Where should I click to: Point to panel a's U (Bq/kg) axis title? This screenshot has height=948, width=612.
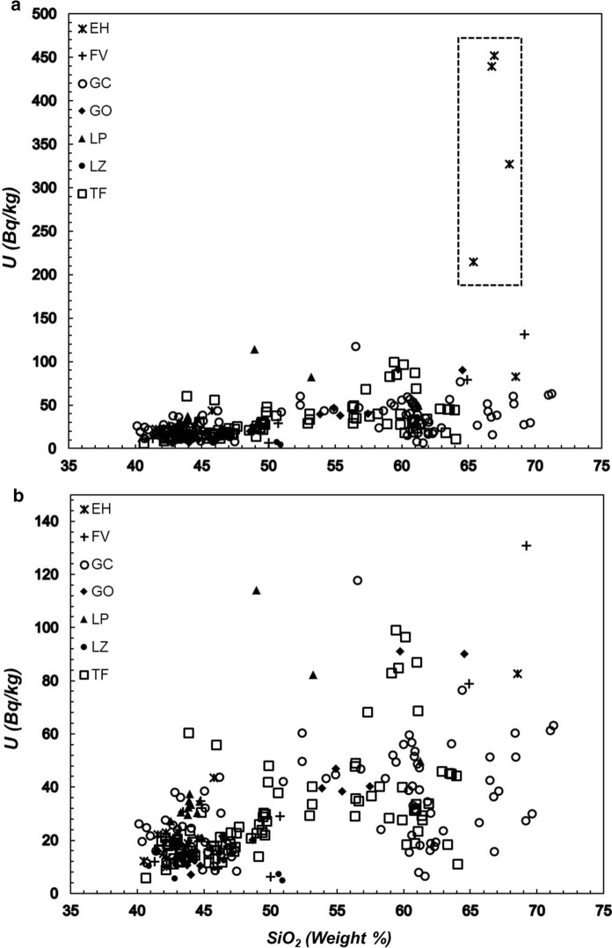click(11, 231)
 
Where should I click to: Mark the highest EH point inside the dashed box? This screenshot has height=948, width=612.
click(494, 55)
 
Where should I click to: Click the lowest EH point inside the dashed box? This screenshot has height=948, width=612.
click(474, 262)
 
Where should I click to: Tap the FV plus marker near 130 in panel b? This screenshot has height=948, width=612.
click(526, 546)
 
